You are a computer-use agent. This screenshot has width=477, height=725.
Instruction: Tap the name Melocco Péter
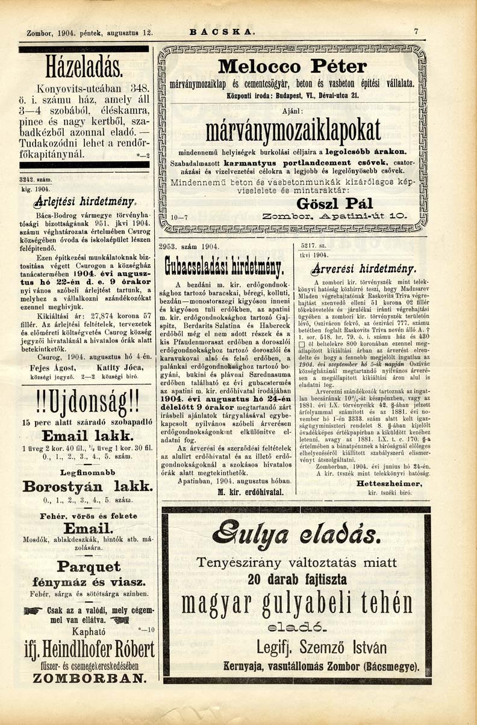pyautogui.click(x=293, y=66)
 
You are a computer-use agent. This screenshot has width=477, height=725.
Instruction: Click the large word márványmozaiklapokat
pyautogui.click(x=293, y=129)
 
